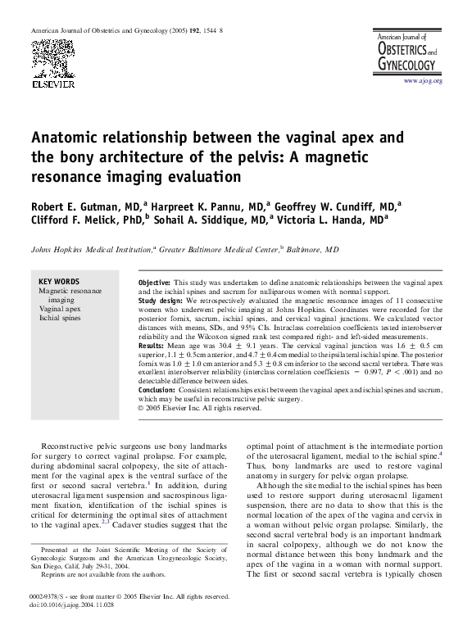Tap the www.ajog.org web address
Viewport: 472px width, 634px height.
coord(423,81)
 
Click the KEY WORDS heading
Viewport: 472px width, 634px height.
coord(59,281)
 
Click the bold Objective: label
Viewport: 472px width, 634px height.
coord(155,281)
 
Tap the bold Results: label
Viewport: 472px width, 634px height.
coord(152,347)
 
